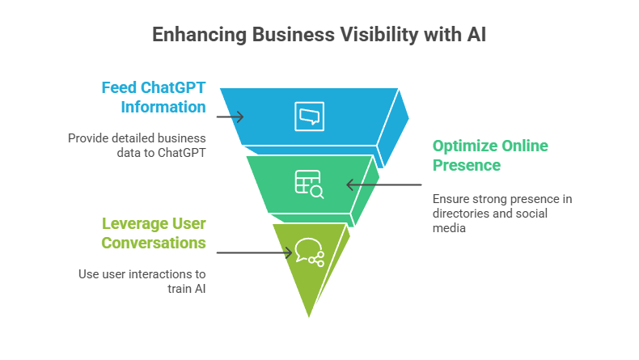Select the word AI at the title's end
(x=476, y=35)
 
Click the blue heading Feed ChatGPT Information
(x=154, y=96)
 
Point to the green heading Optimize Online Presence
(x=490, y=155)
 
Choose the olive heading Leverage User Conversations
(x=154, y=232)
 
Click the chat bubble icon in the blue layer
(x=309, y=116)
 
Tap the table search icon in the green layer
(x=309, y=184)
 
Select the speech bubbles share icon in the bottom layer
(x=309, y=252)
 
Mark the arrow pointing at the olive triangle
(x=254, y=252)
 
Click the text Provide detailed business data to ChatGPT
(x=137, y=146)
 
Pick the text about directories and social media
(x=501, y=214)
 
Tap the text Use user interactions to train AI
(x=142, y=282)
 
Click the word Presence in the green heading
(x=466, y=165)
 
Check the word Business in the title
(x=287, y=35)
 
